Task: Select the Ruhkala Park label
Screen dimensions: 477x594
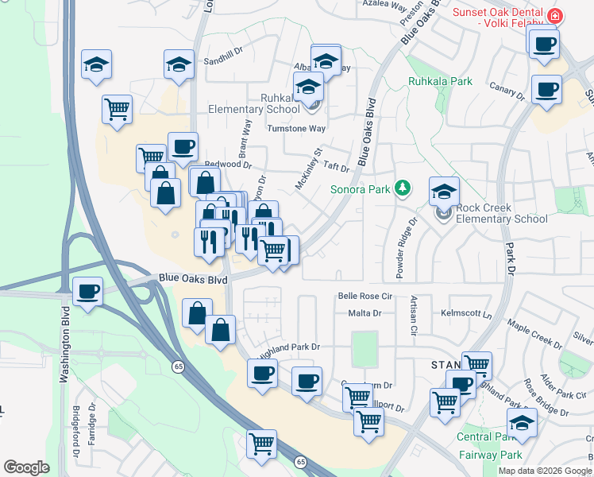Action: coord(440,81)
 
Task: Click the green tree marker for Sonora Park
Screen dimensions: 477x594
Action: coord(403,188)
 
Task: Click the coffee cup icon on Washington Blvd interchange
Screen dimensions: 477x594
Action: coord(87,291)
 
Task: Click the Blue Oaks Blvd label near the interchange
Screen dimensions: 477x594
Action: coord(193,279)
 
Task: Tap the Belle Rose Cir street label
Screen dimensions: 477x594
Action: coord(365,295)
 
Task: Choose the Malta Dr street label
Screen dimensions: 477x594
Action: coord(364,313)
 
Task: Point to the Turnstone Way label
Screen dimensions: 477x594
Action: coord(296,128)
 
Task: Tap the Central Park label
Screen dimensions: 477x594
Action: coord(481,437)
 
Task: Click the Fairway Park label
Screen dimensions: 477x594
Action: coord(490,456)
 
